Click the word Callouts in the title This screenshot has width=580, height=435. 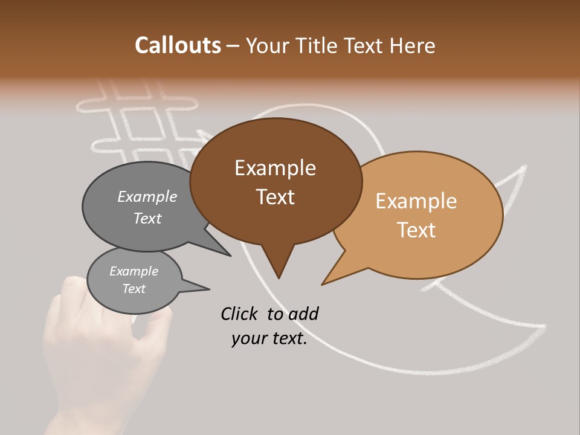[x=178, y=45]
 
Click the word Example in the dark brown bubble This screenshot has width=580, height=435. [x=275, y=168]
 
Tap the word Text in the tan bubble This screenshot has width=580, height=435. [x=416, y=230]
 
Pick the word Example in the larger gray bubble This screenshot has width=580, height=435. [x=147, y=196]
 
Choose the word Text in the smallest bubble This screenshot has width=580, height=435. [x=134, y=289]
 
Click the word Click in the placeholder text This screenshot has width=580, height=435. [x=240, y=314]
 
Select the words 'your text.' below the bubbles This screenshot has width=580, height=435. [x=269, y=339]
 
